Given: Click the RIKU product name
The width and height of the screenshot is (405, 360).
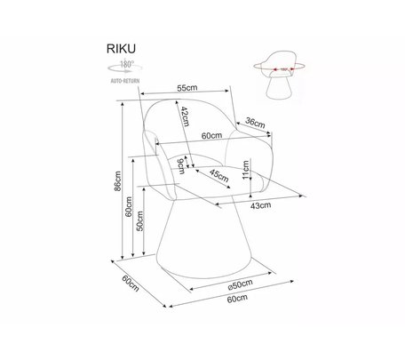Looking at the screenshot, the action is pyautogui.click(x=121, y=49).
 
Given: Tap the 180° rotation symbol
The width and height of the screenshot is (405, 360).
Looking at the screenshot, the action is pyautogui.click(x=125, y=67).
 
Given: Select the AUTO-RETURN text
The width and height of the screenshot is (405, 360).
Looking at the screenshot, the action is pyautogui.click(x=125, y=81).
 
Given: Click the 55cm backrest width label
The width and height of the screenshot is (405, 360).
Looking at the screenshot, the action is pyautogui.click(x=187, y=88).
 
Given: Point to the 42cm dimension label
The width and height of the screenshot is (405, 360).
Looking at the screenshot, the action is pyautogui.click(x=185, y=116).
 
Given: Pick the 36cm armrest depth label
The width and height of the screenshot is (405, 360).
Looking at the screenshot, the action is pyautogui.click(x=255, y=123).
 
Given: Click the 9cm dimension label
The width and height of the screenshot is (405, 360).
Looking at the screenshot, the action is pyautogui.click(x=180, y=166).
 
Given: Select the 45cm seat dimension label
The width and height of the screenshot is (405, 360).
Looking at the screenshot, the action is pyautogui.click(x=219, y=175).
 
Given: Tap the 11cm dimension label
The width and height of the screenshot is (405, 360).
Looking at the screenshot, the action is pyautogui.click(x=246, y=170).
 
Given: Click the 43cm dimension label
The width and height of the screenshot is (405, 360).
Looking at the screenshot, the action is pyautogui.click(x=260, y=205).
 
